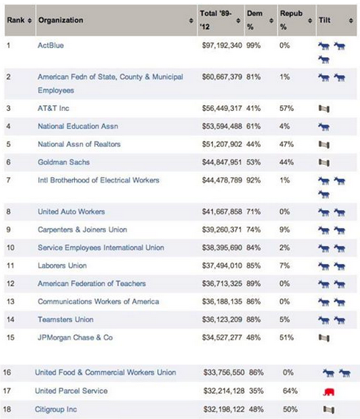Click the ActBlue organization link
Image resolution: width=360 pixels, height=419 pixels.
pyautogui.click(x=51, y=46)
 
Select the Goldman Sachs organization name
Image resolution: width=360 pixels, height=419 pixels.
pyautogui.click(x=64, y=162)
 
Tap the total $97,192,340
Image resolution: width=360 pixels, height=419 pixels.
pyautogui.click(x=222, y=46)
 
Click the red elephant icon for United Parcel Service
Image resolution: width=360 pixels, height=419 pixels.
pyautogui.click(x=328, y=392)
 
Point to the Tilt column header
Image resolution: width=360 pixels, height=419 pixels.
pyautogui.click(x=325, y=20)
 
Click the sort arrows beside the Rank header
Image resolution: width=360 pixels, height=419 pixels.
pyautogui.click(x=29, y=21)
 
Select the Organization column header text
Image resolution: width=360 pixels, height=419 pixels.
pyautogui.click(x=61, y=20)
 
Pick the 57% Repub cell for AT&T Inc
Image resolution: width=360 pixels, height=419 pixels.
pyautogui.click(x=287, y=108)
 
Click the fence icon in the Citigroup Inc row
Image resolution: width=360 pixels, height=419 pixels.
pyautogui.click(x=328, y=409)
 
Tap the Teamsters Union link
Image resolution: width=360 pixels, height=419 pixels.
pyautogui.click(x=65, y=320)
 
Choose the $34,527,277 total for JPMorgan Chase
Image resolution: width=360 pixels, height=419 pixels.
pyautogui.click(x=222, y=337)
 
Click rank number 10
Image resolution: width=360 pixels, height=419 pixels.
pyautogui.click(x=10, y=248)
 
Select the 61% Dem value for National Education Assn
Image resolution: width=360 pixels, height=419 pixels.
pyautogui.click(x=253, y=126)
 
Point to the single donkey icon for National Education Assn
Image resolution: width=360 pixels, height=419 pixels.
pyautogui.click(x=324, y=127)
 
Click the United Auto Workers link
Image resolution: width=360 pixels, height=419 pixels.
pyautogui.click(x=71, y=212)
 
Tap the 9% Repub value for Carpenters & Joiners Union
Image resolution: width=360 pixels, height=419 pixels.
pyautogui.click(x=284, y=230)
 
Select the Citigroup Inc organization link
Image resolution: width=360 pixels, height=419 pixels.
pyautogui.click(x=56, y=409)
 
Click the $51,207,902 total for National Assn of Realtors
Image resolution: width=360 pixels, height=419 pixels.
pyautogui.click(x=222, y=144)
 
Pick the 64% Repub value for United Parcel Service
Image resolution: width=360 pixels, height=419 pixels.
pyautogui.click(x=290, y=391)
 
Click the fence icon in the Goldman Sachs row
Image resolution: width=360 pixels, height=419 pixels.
pyautogui.click(x=324, y=162)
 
